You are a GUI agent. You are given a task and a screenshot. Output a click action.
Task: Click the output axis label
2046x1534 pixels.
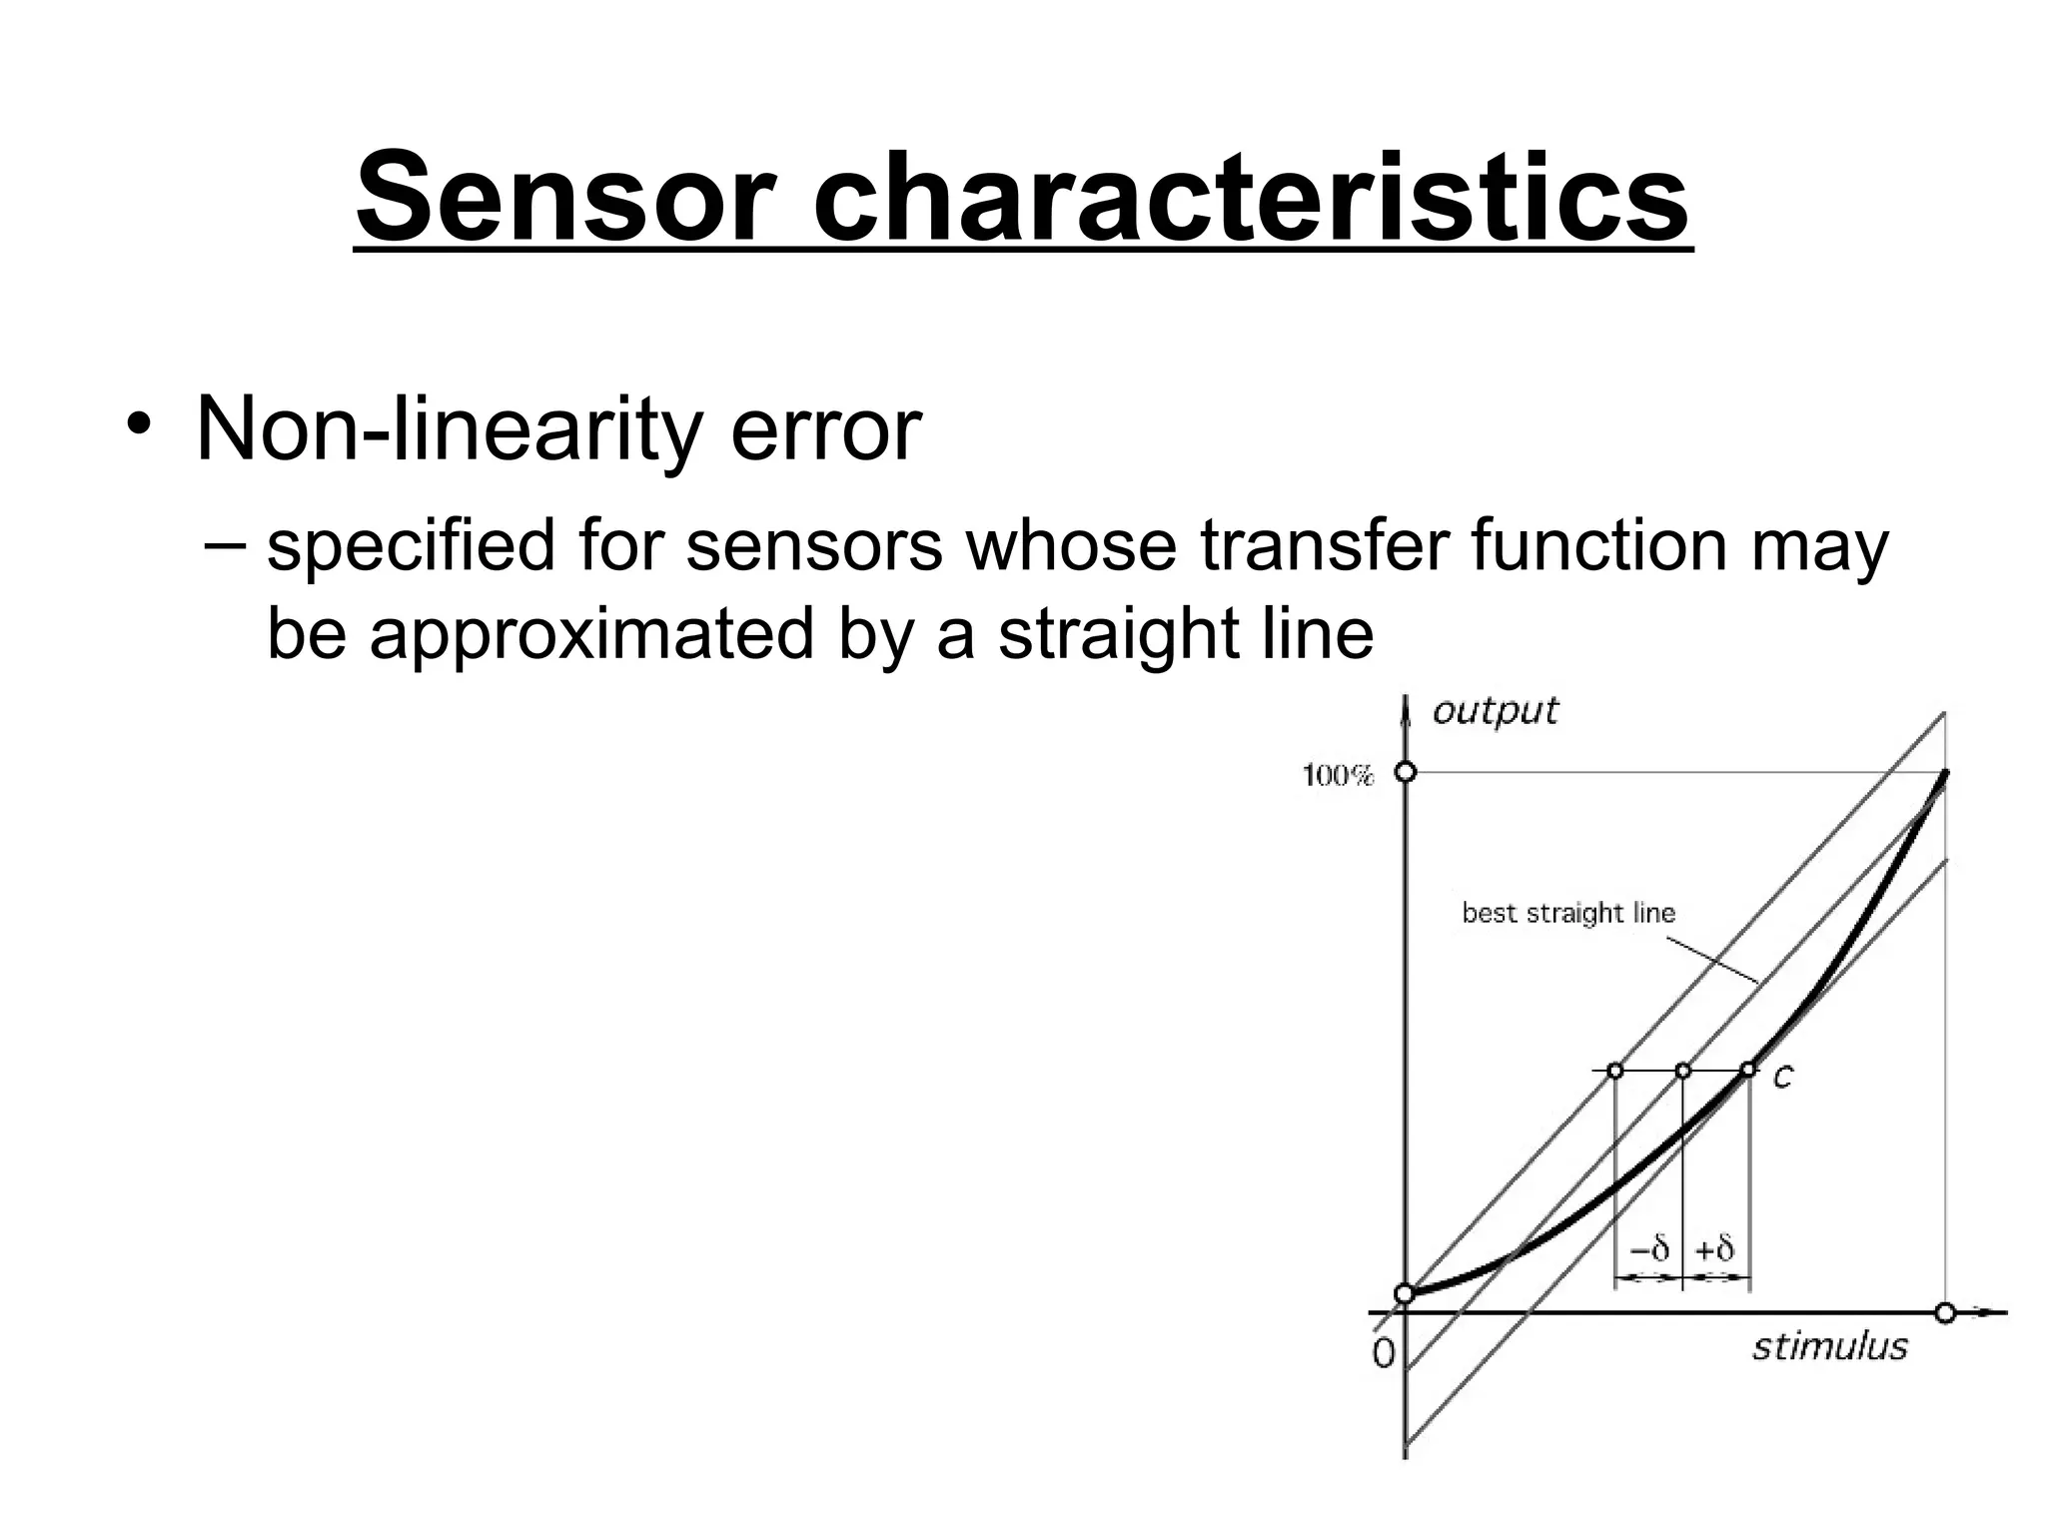[x=1495, y=711]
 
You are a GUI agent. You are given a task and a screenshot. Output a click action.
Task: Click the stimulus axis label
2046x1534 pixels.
[x=1829, y=1347]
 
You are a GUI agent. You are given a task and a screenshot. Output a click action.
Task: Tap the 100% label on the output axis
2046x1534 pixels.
[x=1339, y=776]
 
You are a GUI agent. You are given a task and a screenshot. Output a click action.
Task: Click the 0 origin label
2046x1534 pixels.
[x=1384, y=1353]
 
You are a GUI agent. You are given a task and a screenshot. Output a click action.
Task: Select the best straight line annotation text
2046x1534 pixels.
[x=1568, y=913]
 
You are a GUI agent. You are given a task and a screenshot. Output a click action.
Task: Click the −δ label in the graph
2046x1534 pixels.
[x=1649, y=1249]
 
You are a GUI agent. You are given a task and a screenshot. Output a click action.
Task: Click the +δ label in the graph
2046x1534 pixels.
[x=1715, y=1249]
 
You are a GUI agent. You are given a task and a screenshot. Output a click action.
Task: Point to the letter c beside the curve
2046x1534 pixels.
[x=1783, y=1077]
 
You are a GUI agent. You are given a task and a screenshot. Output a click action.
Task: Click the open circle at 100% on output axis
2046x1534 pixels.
[x=1406, y=772]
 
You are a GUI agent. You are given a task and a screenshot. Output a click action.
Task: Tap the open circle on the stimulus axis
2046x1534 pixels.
[x=1945, y=1313]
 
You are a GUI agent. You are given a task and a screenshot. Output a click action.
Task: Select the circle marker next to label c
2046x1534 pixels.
[x=1748, y=1070]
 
